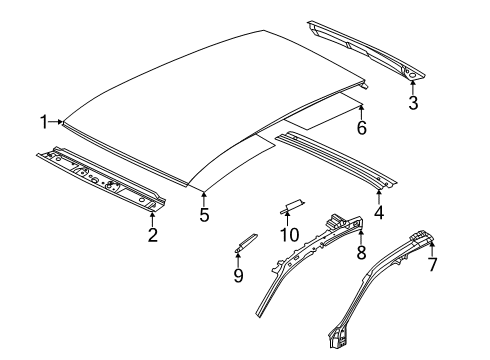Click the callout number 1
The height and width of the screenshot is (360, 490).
click(x=44, y=122)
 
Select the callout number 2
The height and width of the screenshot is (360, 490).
click(x=153, y=235)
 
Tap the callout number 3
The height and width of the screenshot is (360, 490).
click(x=413, y=103)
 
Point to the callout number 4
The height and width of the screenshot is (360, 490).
click(x=379, y=212)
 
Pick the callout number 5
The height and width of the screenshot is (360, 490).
click(x=204, y=214)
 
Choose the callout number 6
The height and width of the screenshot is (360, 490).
click(x=362, y=128)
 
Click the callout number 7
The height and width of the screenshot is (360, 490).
click(x=432, y=265)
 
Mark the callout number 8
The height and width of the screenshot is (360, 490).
click(x=361, y=252)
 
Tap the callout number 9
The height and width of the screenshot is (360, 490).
click(x=238, y=276)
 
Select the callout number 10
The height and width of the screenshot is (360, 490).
click(x=289, y=235)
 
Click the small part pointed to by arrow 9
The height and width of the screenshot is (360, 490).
click(x=246, y=242)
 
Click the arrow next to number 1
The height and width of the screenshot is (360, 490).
click(x=56, y=122)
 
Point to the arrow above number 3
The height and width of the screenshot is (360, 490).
click(x=413, y=87)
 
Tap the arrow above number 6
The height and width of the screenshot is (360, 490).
click(x=362, y=112)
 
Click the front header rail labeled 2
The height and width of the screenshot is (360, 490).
click(x=101, y=178)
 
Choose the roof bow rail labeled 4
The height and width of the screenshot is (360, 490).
click(x=336, y=161)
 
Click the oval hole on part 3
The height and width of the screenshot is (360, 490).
click(x=412, y=75)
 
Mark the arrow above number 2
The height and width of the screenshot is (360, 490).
click(x=152, y=219)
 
